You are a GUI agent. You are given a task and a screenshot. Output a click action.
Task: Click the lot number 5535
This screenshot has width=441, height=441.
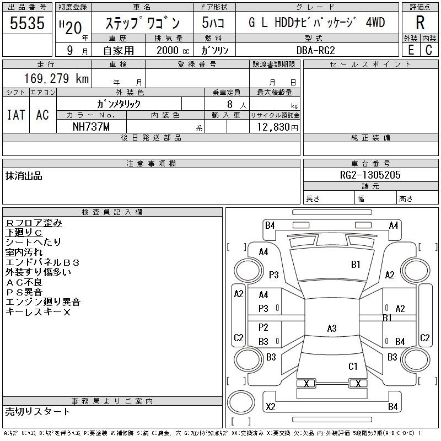(27, 23)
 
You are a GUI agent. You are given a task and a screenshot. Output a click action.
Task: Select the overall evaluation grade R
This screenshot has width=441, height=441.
(420, 23)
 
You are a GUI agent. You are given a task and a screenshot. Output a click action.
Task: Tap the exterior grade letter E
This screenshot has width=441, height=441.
(411, 50)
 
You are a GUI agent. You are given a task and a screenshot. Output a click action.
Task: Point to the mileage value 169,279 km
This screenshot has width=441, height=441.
(57, 78)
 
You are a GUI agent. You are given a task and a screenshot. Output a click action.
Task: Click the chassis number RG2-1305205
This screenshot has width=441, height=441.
(370, 175)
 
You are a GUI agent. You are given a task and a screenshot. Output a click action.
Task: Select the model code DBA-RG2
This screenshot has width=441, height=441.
(315, 50)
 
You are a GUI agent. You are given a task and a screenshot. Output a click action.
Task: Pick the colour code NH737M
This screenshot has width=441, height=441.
(91, 127)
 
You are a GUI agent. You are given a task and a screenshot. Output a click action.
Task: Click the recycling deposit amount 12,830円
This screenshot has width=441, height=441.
(277, 127)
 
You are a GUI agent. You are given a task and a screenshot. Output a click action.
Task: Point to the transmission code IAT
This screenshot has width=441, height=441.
(16, 115)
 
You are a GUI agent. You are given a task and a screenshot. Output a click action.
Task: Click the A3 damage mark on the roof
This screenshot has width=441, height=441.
(332, 328)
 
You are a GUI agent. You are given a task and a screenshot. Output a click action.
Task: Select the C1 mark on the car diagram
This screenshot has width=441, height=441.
(353, 367)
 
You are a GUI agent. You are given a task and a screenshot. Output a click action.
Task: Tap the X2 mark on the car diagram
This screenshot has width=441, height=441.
(271, 406)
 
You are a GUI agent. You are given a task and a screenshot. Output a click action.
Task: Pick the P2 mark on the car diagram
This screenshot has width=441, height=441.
(263, 327)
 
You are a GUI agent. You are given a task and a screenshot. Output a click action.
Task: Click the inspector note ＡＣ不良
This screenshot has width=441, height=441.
(24, 282)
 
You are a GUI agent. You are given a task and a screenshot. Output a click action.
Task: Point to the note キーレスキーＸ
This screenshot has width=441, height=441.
(38, 312)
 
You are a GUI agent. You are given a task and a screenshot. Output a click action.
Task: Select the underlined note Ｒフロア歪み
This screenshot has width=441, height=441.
(34, 223)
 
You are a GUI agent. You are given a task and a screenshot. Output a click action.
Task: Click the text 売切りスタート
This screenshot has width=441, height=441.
(37, 412)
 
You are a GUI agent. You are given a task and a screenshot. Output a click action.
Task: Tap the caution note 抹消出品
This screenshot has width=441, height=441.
(24, 176)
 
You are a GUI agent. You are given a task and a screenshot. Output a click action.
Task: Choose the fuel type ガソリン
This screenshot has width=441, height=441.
(214, 50)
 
